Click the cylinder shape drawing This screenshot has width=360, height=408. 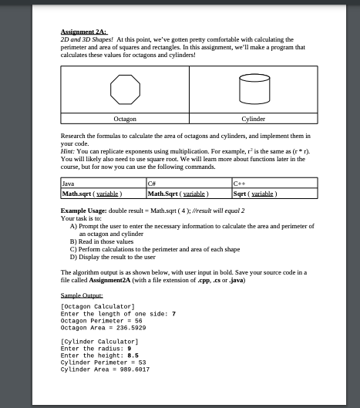click(x=253, y=90)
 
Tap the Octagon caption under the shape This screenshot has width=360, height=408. click(x=125, y=120)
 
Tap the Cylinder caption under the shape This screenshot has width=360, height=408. click(x=253, y=120)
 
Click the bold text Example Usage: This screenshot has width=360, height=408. click(x=86, y=210)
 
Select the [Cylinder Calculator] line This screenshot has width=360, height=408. click(x=98, y=340)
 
